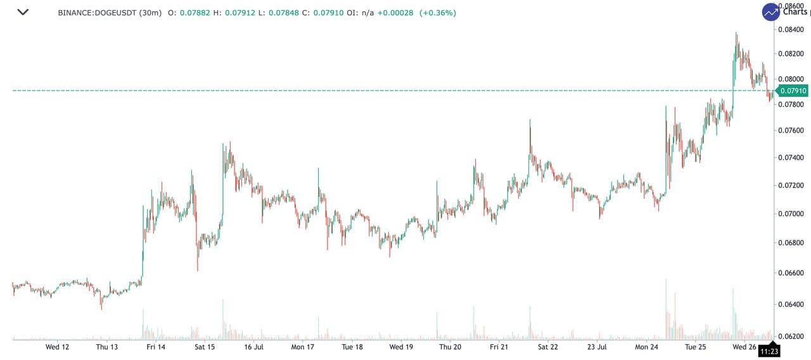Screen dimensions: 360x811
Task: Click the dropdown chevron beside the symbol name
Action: tap(23, 12)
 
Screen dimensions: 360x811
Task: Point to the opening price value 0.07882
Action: tap(194, 13)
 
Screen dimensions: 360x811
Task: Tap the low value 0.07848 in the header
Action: tap(284, 13)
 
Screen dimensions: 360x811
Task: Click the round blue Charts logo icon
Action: tap(771, 12)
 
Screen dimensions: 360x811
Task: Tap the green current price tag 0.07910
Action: tap(793, 91)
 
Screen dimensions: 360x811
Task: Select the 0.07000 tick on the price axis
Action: tap(792, 214)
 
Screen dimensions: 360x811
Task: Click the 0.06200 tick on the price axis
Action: tap(792, 336)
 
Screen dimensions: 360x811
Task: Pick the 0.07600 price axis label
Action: tap(792, 131)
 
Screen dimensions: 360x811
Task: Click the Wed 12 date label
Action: tap(57, 347)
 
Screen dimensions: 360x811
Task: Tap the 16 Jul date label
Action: tap(253, 347)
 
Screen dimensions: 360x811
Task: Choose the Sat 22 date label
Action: tap(548, 347)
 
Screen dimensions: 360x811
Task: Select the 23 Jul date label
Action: tap(597, 347)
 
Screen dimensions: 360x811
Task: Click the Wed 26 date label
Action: tap(744, 347)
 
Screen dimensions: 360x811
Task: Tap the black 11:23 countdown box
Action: tap(769, 350)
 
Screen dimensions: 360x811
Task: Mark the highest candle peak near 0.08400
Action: tap(736, 32)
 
